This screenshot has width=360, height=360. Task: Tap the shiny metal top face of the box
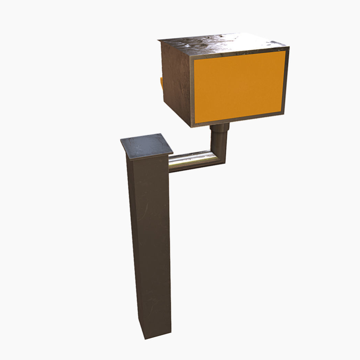(223, 43)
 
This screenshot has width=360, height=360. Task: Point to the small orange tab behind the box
(161, 83)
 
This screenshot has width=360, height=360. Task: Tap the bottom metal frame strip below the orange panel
(239, 120)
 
